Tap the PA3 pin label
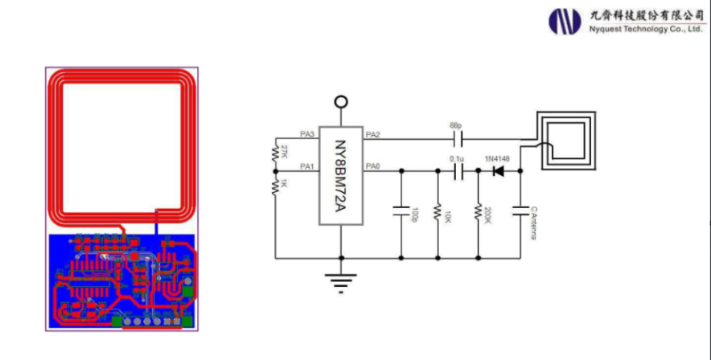tap(308, 134)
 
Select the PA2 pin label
tap(373, 134)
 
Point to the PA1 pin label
tap(308, 166)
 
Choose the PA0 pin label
tap(373, 166)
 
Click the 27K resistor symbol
tap(276, 154)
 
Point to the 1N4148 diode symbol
tap(498, 170)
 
